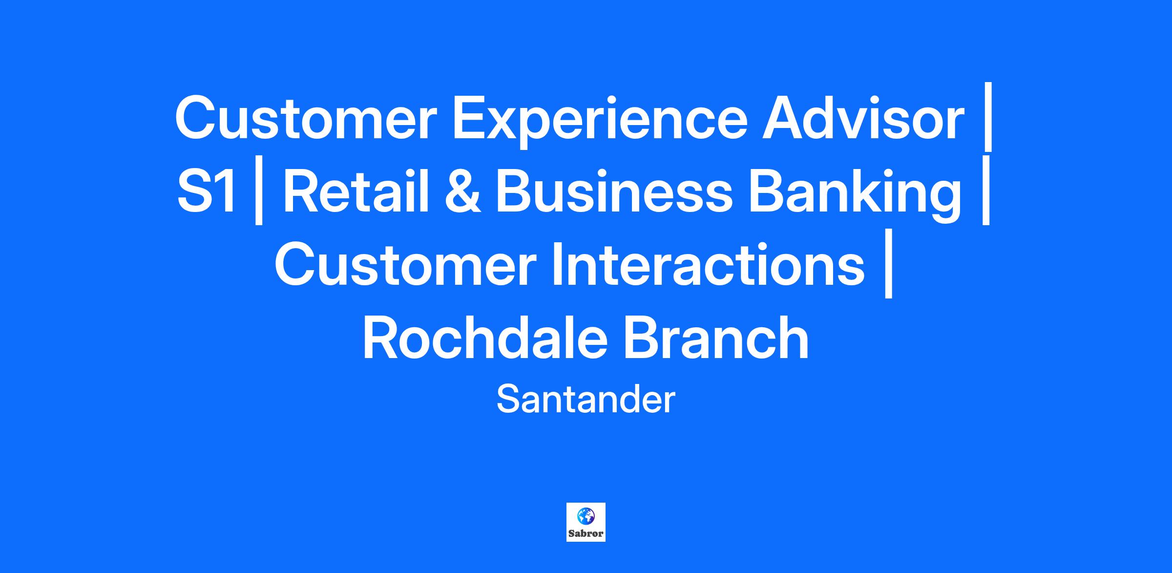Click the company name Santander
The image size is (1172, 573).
coord(586,400)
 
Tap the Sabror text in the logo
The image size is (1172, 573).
coord(586,533)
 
